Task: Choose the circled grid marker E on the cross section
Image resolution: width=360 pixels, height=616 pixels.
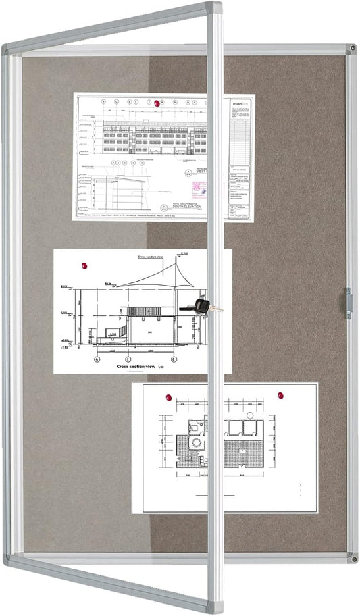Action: click(x=174, y=359)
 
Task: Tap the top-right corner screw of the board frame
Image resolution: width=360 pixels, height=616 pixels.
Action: click(x=351, y=49)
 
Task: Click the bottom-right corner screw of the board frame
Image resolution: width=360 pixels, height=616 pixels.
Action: click(x=352, y=558)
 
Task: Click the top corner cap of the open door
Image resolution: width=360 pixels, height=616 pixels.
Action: click(x=215, y=8)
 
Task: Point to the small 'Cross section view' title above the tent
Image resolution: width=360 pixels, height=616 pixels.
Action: click(x=151, y=257)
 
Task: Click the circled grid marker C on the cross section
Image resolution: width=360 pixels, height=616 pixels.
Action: click(x=132, y=359)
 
